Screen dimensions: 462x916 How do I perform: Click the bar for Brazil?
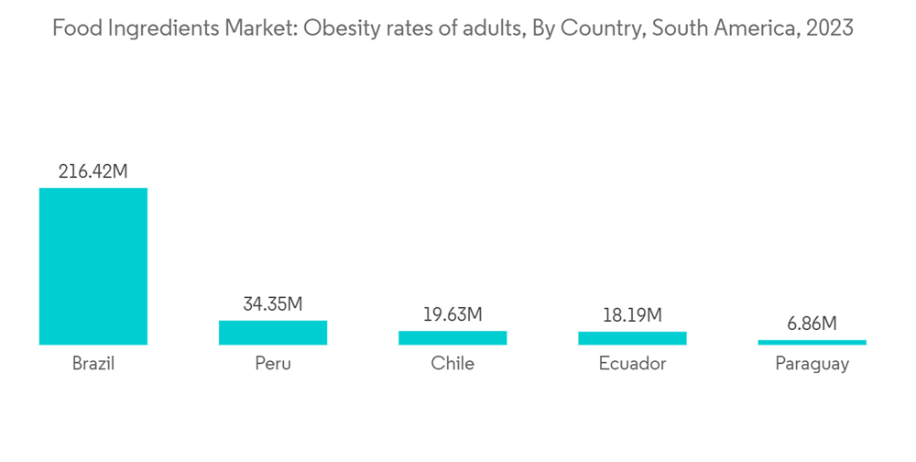(x=93, y=266)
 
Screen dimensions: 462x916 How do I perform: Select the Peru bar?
(x=272, y=333)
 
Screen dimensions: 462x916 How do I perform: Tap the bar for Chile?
(x=453, y=338)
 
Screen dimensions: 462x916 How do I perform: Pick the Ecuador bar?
(x=632, y=338)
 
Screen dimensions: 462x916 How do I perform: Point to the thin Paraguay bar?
(x=812, y=343)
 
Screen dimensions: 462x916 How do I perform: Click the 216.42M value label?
(x=93, y=171)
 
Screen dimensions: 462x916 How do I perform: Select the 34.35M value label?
(x=272, y=303)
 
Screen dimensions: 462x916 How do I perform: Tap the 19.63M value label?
(x=453, y=314)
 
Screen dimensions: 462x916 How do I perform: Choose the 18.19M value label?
(x=632, y=315)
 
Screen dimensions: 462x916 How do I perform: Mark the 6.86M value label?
(x=812, y=324)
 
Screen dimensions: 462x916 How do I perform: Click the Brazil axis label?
(x=93, y=364)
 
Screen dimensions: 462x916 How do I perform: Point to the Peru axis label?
(x=273, y=364)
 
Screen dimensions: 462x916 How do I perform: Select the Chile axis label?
(x=453, y=364)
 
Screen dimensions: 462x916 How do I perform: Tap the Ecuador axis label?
(x=632, y=364)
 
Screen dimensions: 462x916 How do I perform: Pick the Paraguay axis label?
(x=812, y=365)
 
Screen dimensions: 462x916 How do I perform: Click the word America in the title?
(x=749, y=28)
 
